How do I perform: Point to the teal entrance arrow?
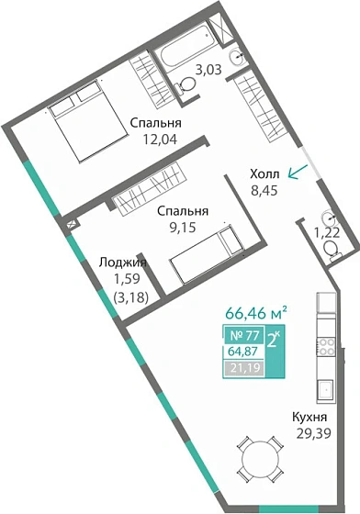(x=296, y=172)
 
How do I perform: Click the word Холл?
(x=267, y=173)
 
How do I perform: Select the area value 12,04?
(x=154, y=140)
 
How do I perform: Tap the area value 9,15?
(x=181, y=229)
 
